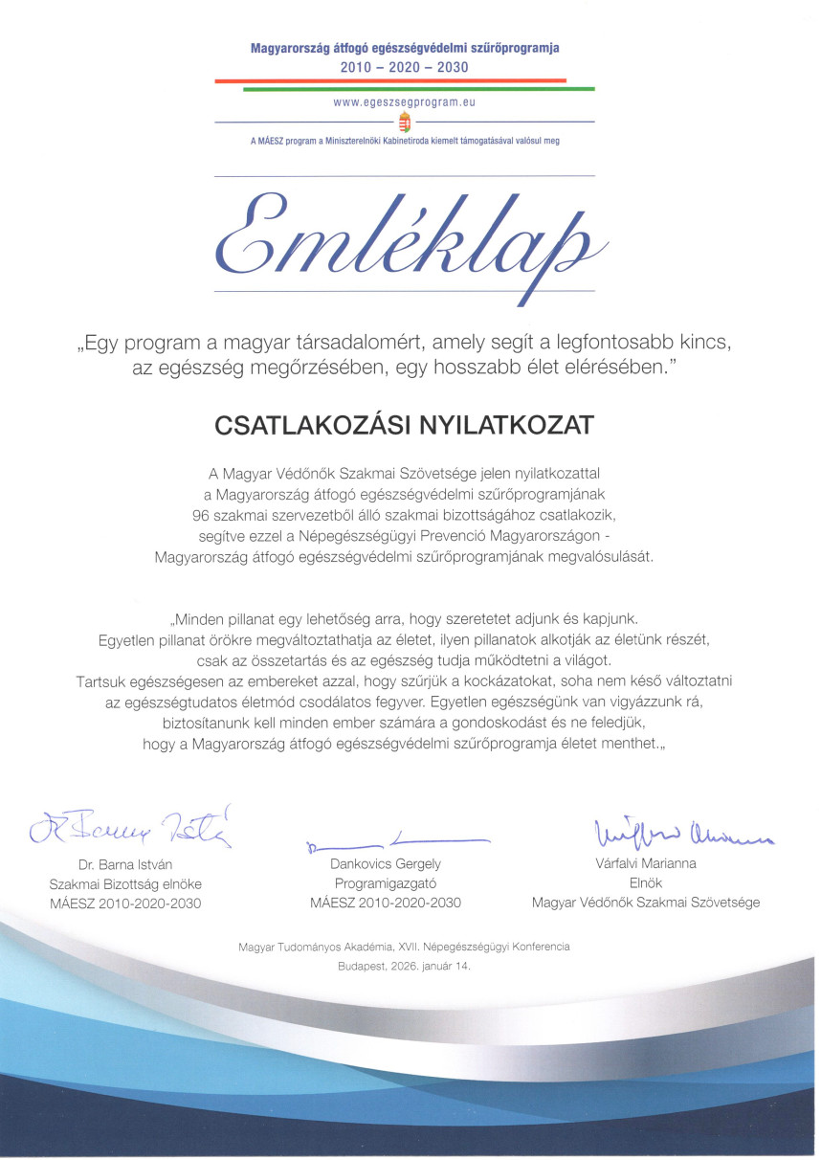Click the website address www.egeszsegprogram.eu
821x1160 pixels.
[405, 100]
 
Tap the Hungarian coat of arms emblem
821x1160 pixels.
[405, 123]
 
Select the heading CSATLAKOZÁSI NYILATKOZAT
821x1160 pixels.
[404, 422]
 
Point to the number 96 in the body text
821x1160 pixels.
[201, 515]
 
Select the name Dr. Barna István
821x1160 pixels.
[124, 864]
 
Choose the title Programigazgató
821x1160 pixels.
[386, 883]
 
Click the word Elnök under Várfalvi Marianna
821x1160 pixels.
[645, 883]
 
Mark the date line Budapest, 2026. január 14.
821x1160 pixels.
[404, 967]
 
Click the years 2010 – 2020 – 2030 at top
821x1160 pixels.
[405, 67]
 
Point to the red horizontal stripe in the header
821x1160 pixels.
[390, 81]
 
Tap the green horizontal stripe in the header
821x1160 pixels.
[419, 89]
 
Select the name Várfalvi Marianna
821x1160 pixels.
[645, 863]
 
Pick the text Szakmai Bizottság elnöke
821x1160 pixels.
[125, 883]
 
